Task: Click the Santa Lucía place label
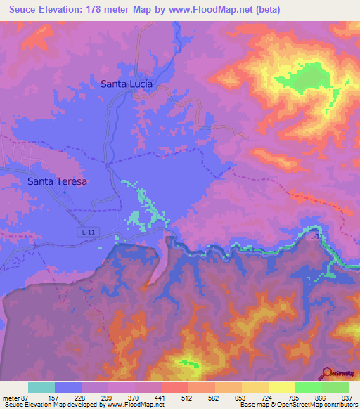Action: [x=127, y=84]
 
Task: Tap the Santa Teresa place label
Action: [x=57, y=181]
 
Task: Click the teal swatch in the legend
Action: [x=41, y=387]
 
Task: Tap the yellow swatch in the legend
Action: [x=281, y=387]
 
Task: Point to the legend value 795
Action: [x=292, y=397]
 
